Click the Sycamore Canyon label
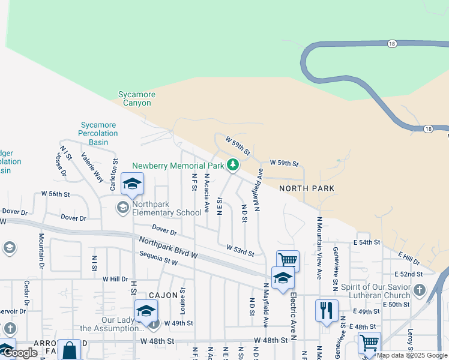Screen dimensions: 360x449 point(137,99)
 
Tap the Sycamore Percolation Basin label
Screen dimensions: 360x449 point(98,134)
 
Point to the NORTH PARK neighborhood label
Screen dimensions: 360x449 point(306,188)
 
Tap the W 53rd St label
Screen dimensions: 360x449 point(241,248)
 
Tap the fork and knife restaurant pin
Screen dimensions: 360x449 point(326,311)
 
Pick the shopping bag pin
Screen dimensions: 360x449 point(70,349)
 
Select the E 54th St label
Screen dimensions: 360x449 point(367,242)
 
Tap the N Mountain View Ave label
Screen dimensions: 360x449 point(319,248)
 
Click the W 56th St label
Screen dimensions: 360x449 point(56,194)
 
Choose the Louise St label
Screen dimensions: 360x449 point(183,299)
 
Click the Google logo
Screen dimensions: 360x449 point(20,353)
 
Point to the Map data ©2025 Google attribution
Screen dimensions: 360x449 point(412,355)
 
